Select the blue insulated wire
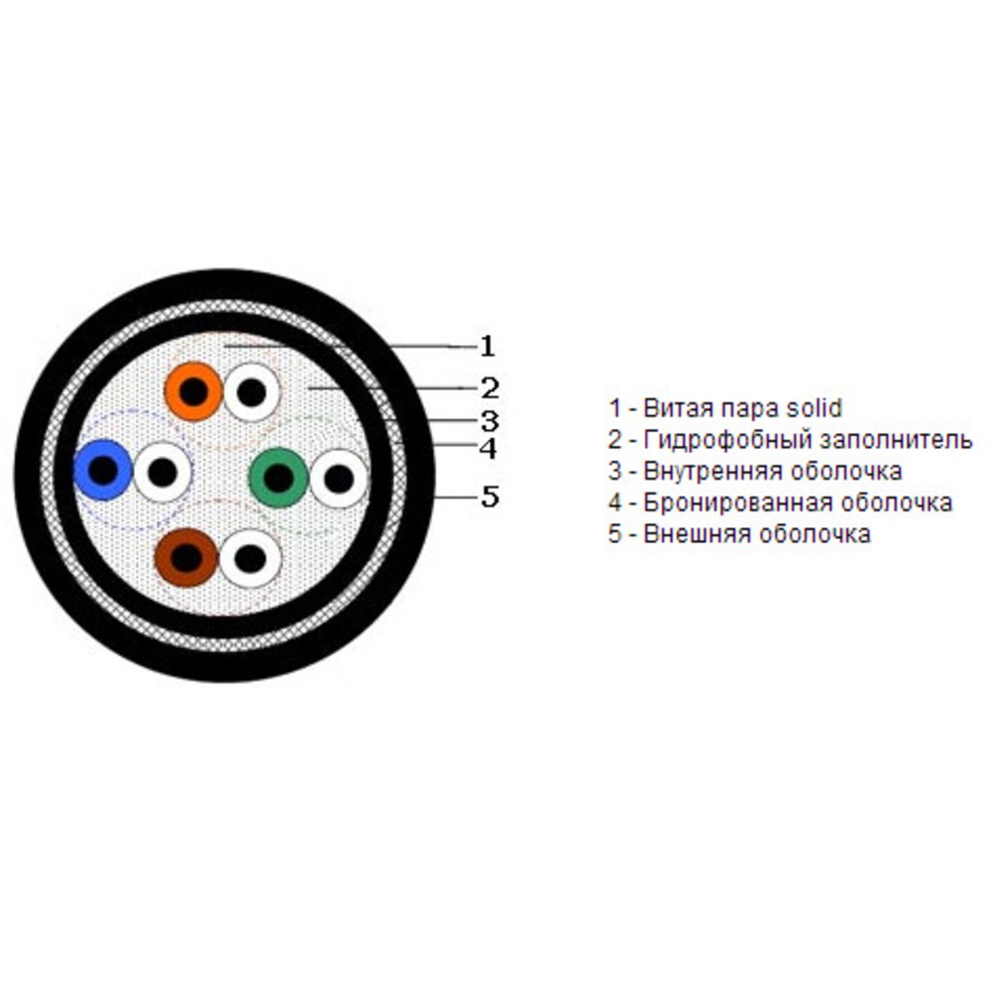point(103,471)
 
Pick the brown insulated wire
point(185,558)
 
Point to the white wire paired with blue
point(162,472)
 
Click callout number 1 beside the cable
point(487,346)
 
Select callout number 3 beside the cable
point(489,418)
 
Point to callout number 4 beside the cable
point(488,449)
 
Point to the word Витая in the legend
point(669,407)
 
